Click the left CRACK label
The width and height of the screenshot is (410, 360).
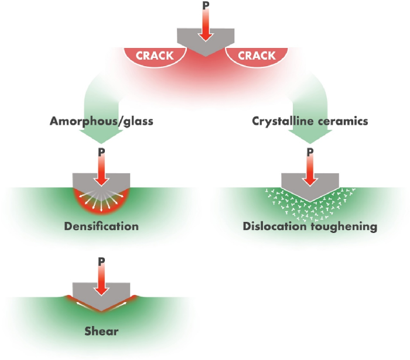(155, 56)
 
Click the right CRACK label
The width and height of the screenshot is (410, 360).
(256, 56)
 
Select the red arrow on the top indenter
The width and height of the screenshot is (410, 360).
(205, 26)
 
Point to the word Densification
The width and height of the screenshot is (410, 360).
(102, 226)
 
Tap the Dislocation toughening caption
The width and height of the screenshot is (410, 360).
(309, 226)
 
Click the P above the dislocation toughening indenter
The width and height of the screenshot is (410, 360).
(310, 152)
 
